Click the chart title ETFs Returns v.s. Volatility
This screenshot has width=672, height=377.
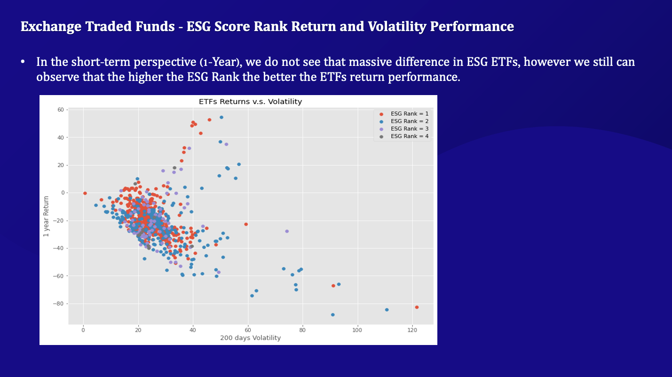[250, 102]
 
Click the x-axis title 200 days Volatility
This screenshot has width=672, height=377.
[250, 338]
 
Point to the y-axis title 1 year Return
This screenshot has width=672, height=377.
[46, 217]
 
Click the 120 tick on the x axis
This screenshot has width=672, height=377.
[412, 330]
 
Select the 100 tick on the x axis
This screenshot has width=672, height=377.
[357, 330]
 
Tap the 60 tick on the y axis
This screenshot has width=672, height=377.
[60, 110]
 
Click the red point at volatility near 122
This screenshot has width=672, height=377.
[417, 307]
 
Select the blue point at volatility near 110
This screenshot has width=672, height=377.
[387, 310]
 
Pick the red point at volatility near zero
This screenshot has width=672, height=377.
[85, 193]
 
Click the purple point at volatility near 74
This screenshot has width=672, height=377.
[287, 231]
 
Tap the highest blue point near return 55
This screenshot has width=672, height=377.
[221, 117]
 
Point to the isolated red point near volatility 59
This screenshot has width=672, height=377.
[246, 224]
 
